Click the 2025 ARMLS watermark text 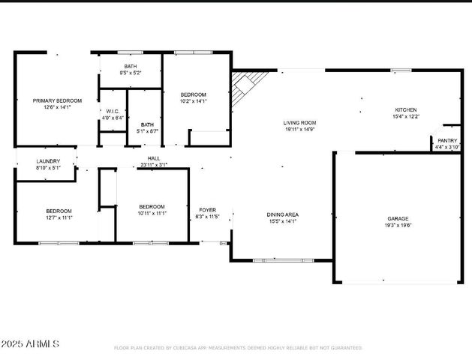(x=30, y=343)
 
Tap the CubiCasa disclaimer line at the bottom (x=238, y=348)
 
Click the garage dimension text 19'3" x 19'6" (x=398, y=225)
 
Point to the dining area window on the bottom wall (x=273, y=260)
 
